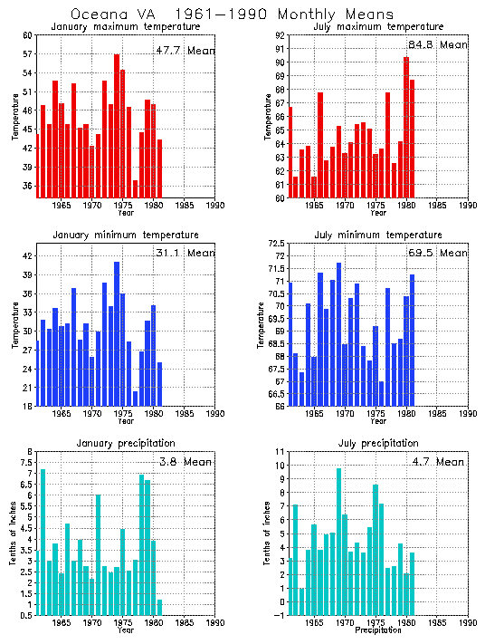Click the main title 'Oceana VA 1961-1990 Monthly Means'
232,14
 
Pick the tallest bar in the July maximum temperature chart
406,127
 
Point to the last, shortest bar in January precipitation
160,607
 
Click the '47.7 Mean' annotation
185,51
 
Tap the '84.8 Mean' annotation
437,44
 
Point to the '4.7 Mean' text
437,462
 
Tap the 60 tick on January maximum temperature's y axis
27,35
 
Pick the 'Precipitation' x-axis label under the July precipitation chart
379,630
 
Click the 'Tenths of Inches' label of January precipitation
14,534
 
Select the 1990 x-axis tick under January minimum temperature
215,415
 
